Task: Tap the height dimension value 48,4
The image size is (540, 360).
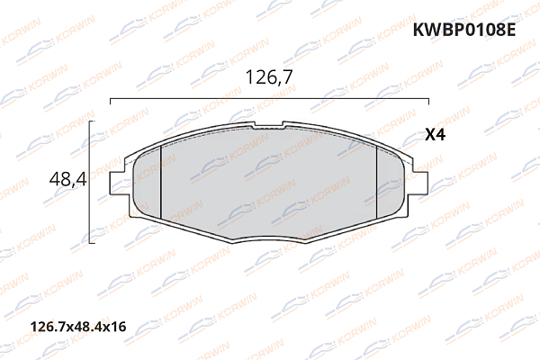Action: (x=67, y=179)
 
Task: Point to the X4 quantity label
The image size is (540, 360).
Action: (x=436, y=136)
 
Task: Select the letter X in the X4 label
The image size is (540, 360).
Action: (x=429, y=136)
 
